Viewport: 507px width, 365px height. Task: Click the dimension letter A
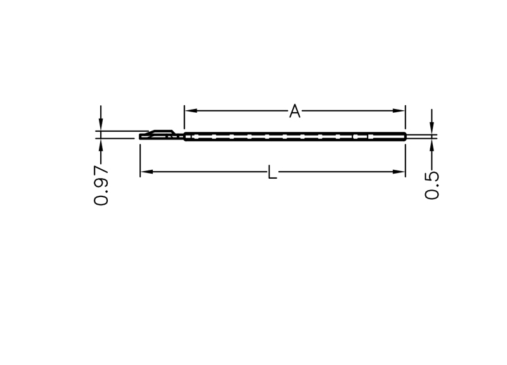(295, 111)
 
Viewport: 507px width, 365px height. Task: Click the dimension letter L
(273, 172)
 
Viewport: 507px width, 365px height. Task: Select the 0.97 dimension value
(101, 186)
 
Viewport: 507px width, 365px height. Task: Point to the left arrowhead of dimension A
(191, 110)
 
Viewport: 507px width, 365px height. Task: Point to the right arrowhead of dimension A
(399, 110)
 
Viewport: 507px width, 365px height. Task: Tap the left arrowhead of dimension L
(146, 172)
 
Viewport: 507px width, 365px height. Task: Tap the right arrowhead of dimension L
(399, 172)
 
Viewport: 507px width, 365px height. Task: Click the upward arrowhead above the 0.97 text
(101, 145)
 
